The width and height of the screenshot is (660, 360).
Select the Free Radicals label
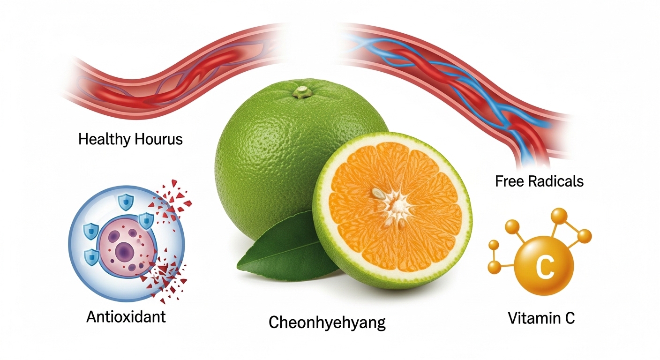click(x=539, y=181)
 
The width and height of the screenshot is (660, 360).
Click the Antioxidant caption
click(x=126, y=317)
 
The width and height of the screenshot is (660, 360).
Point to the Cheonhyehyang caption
click(x=327, y=322)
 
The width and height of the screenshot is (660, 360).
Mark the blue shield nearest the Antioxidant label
click(x=90, y=256)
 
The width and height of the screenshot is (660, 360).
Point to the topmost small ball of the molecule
click(x=558, y=215)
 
